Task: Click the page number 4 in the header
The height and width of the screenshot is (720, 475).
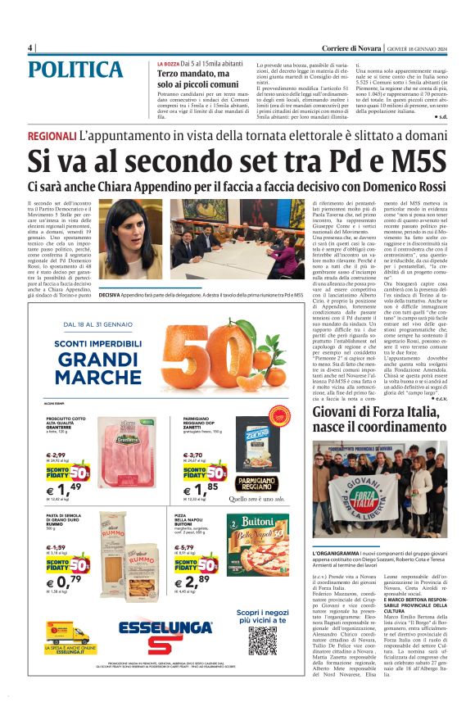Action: tap(29, 47)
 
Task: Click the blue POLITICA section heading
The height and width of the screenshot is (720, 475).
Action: tap(79, 70)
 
